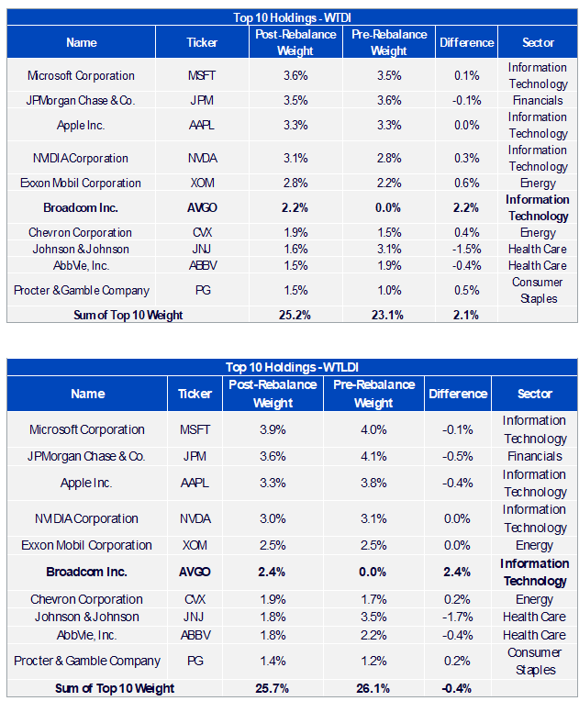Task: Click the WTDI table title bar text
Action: point(292,17)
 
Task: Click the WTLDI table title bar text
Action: point(292,367)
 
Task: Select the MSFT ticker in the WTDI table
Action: point(202,75)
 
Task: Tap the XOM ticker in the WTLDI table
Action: point(195,545)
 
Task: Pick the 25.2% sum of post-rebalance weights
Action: point(295,316)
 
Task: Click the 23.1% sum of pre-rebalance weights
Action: point(387,316)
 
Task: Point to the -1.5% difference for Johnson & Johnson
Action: point(466,249)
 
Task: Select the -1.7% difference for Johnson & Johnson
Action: point(457,617)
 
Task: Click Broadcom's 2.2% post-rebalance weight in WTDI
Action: point(295,208)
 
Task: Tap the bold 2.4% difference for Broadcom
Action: point(457,573)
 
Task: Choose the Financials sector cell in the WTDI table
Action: point(538,101)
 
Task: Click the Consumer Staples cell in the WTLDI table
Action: point(535,662)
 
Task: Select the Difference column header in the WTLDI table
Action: point(458,394)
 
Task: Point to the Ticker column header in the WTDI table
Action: point(202,42)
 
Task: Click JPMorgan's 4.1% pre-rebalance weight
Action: point(373,456)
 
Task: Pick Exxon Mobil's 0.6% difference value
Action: point(466,183)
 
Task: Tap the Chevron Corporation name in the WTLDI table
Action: point(87,599)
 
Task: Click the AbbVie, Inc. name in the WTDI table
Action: point(81,265)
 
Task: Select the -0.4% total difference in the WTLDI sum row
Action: point(456,688)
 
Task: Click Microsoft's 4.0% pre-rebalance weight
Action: point(373,429)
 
